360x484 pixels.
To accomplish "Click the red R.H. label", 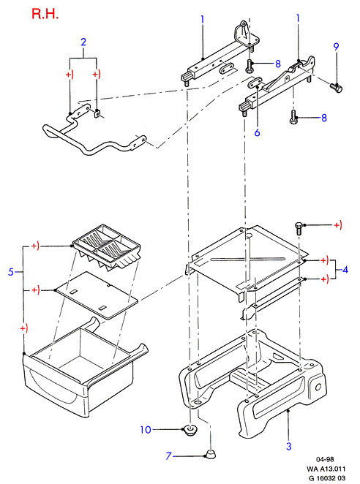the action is pyautogui.click(x=45, y=14).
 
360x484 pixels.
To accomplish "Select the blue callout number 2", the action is pyautogui.click(x=83, y=42).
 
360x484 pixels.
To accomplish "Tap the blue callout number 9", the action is pyautogui.click(x=336, y=47).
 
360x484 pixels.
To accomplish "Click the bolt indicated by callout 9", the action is pyautogui.click(x=336, y=87).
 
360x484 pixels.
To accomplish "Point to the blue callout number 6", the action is pyautogui.click(x=257, y=132).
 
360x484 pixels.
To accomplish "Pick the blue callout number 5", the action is pyautogui.click(x=11, y=272).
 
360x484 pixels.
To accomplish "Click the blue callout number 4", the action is pyautogui.click(x=345, y=270).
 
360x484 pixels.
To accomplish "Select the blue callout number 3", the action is pyautogui.click(x=288, y=446).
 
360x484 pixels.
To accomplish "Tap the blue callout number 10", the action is pyautogui.click(x=146, y=429).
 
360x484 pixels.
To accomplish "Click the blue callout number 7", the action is pyautogui.click(x=168, y=455).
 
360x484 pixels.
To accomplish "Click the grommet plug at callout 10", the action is pyautogui.click(x=189, y=429).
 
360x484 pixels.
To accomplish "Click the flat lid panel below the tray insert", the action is pyautogui.click(x=96, y=295).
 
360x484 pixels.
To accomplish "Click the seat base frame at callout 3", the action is pyautogui.click(x=252, y=385).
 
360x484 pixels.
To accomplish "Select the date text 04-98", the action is pyautogui.click(x=325, y=459).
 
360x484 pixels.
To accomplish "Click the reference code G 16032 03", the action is pyautogui.click(x=326, y=478).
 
